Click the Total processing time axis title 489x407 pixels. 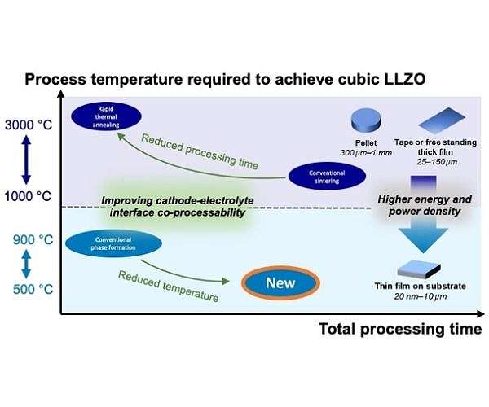(x=399, y=329)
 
